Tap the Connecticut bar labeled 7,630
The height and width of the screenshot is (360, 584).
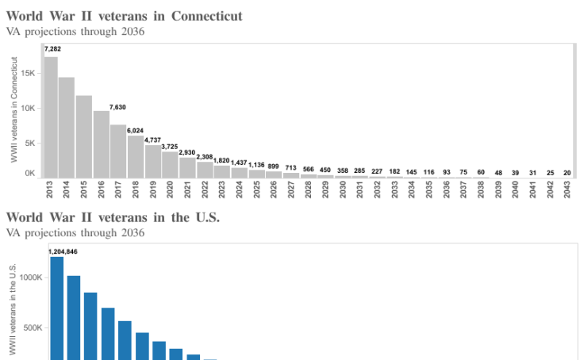click(x=118, y=151)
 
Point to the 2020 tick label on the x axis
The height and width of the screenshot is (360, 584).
click(x=170, y=190)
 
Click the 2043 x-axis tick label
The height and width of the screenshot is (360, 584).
click(x=567, y=190)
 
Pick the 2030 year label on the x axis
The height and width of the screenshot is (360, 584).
click(x=343, y=190)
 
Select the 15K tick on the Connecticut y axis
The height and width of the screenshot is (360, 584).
click(x=28, y=73)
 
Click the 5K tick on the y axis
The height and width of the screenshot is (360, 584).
click(x=29, y=144)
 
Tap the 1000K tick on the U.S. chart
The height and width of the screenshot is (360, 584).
click(x=31, y=278)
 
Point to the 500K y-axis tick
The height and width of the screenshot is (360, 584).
click(x=33, y=327)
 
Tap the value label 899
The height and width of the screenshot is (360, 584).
click(x=274, y=166)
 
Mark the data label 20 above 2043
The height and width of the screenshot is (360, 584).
click(x=567, y=172)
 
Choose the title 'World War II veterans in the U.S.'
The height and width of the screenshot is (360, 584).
click(x=113, y=216)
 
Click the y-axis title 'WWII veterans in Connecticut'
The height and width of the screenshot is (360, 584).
click(x=13, y=109)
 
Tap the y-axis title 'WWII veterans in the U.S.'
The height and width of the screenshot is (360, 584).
click(x=13, y=309)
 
